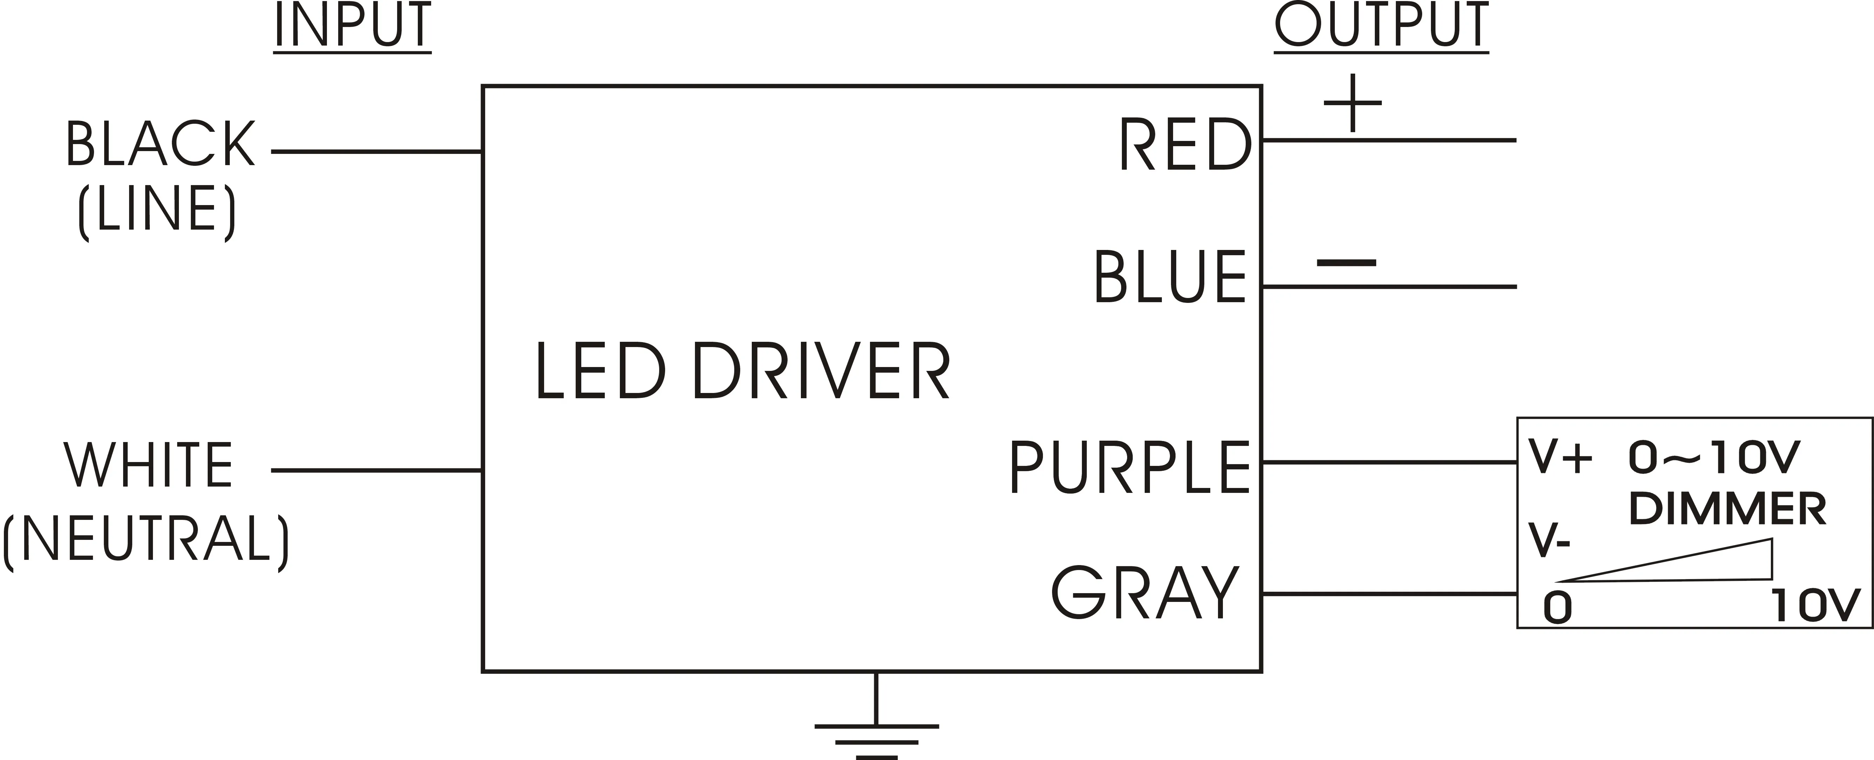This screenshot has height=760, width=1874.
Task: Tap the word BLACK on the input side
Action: point(160,144)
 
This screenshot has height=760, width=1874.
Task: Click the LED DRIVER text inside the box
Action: point(742,371)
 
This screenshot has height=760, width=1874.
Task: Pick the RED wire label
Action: point(1184,145)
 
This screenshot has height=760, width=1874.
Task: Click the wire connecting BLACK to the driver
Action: point(376,152)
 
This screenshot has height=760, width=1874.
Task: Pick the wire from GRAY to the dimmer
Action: point(1390,594)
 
